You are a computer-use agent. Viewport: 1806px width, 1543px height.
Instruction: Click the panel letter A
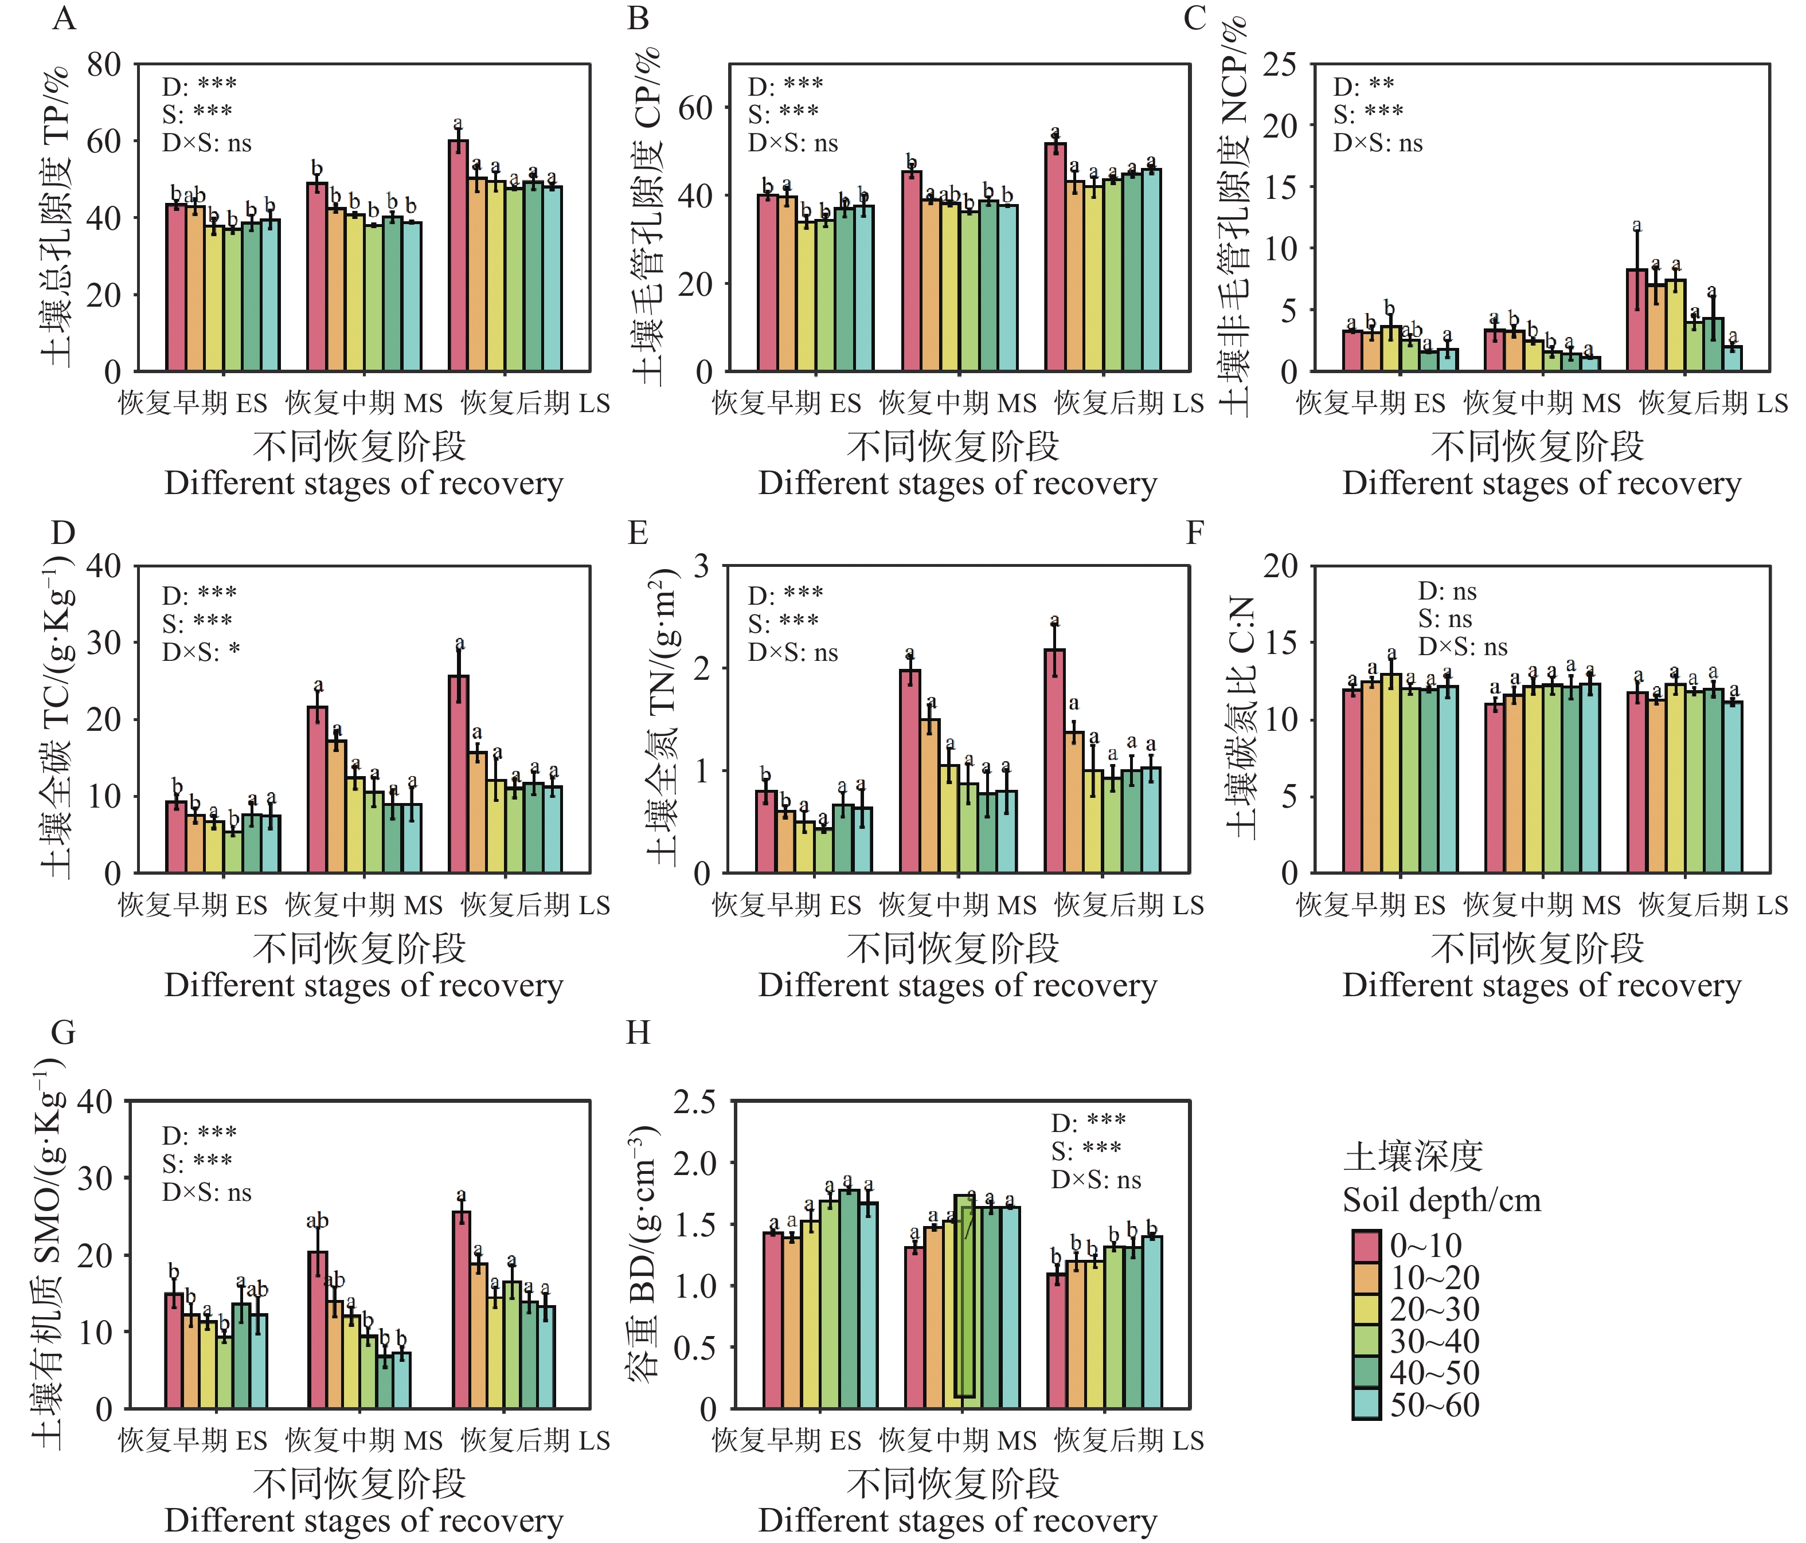[64, 17]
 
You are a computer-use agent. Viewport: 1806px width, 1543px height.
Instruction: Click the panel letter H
[638, 1032]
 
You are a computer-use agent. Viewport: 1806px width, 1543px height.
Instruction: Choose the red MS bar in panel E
[910, 771]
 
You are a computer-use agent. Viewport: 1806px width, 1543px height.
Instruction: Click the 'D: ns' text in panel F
[1447, 592]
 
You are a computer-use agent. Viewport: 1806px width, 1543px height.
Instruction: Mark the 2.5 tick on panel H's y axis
[695, 1102]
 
